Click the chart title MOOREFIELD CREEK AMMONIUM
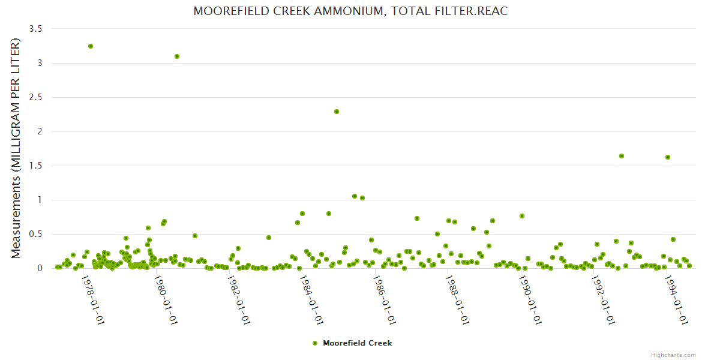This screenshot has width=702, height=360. (350, 11)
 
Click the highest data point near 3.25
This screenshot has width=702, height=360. (91, 46)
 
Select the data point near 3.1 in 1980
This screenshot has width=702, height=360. (177, 56)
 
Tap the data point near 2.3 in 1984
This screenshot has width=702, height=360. (337, 112)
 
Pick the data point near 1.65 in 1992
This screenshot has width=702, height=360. (622, 156)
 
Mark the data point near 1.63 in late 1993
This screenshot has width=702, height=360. (668, 157)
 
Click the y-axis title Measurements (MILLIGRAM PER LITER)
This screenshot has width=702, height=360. (16, 148)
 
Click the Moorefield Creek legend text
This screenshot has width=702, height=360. (357, 343)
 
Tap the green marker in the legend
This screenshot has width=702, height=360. (315, 343)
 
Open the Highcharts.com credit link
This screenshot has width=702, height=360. (673, 355)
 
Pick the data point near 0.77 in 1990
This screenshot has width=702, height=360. (522, 216)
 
